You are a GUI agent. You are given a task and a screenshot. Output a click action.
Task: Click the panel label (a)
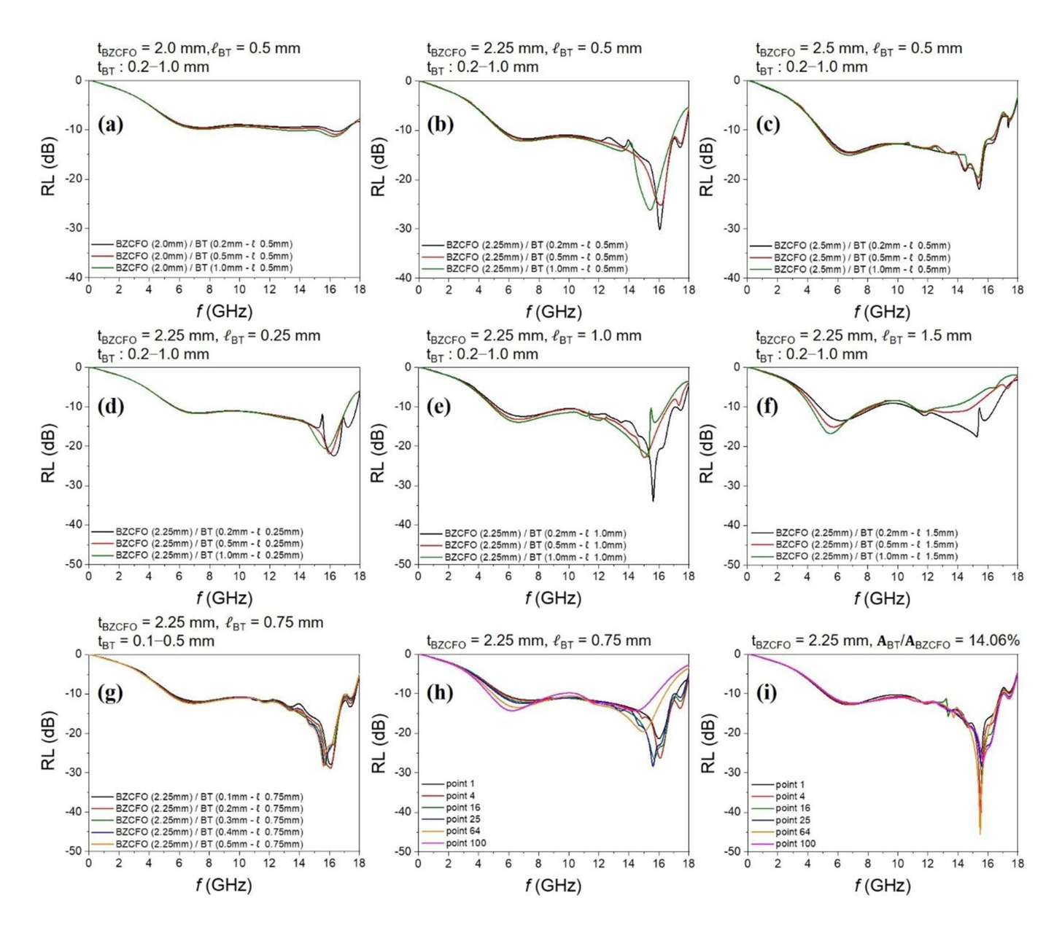click(x=110, y=125)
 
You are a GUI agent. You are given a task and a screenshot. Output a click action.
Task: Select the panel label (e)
click(x=439, y=407)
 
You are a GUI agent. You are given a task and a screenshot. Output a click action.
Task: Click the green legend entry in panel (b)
click(x=537, y=269)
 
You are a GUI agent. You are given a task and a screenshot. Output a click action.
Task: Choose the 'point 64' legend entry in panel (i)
click(x=793, y=832)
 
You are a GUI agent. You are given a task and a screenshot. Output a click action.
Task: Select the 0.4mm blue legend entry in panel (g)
click(x=209, y=832)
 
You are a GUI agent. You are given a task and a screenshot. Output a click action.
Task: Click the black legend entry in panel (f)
click(x=867, y=533)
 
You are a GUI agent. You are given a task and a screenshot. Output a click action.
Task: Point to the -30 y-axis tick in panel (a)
click(x=74, y=228)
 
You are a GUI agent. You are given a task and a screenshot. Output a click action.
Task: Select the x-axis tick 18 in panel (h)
click(x=688, y=864)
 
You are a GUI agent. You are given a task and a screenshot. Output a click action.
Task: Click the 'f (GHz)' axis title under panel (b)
click(x=553, y=313)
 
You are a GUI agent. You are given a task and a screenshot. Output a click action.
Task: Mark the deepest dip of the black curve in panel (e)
click(x=653, y=500)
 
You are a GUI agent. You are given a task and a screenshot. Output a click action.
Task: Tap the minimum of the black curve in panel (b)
click(x=659, y=229)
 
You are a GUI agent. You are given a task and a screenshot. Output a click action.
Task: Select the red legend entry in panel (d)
click(x=209, y=544)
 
